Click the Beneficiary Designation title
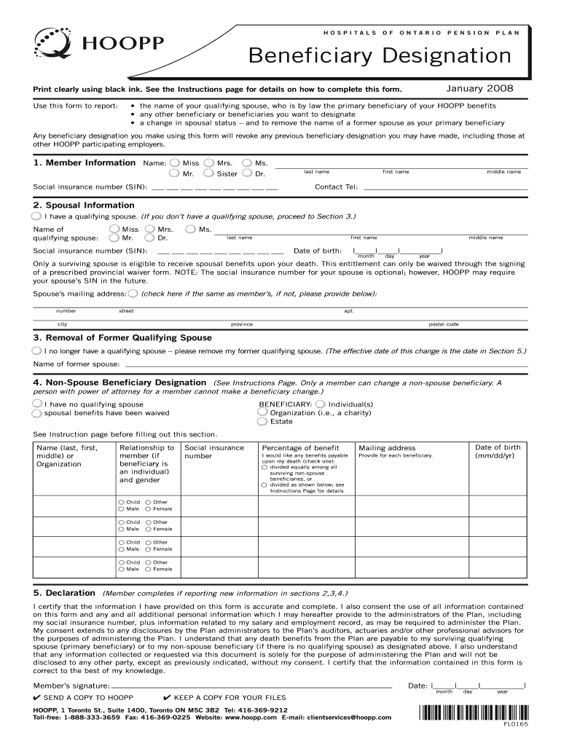(380, 55)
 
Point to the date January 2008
(479, 88)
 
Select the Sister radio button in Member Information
(209, 174)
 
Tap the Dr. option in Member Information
(248, 174)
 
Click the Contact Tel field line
(444, 188)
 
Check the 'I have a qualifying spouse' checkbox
(37, 216)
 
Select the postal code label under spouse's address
(443, 324)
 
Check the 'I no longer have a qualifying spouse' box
(37, 350)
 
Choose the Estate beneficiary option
(262, 421)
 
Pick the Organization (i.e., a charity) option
(262, 412)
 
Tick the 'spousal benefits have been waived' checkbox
(37, 413)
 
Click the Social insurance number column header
(214, 452)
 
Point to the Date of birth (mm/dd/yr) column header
(497, 452)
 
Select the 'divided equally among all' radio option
(264, 467)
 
